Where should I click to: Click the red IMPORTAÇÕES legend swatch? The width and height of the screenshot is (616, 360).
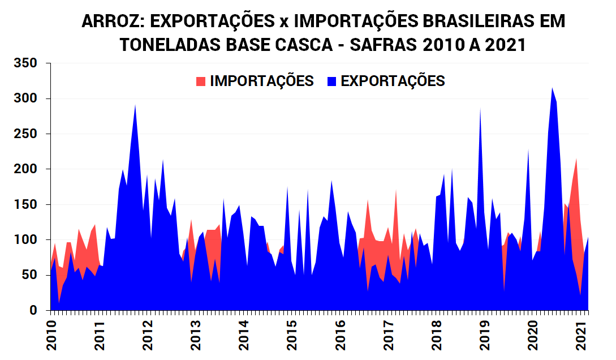pyautogui.click(x=201, y=81)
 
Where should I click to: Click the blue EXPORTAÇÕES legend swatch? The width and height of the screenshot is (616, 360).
pyautogui.click(x=332, y=81)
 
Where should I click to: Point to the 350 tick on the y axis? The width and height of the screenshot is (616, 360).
pyautogui.click(x=25, y=63)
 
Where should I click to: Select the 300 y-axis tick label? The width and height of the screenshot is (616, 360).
pyautogui.click(x=25, y=98)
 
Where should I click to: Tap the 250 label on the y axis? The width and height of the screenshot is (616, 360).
pyautogui.click(x=25, y=134)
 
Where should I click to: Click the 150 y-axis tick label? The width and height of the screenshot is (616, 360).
pyautogui.click(x=25, y=204)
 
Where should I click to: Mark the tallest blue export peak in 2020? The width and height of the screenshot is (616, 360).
pyautogui.click(x=552, y=89)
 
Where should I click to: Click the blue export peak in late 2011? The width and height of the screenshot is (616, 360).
pyautogui.click(x=135, y=106)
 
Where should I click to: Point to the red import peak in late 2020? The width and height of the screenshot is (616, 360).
pyautogui.click(x=576, y=161)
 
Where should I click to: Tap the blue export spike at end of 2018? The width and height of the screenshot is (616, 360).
pyautogui.click(x=480, y=110)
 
